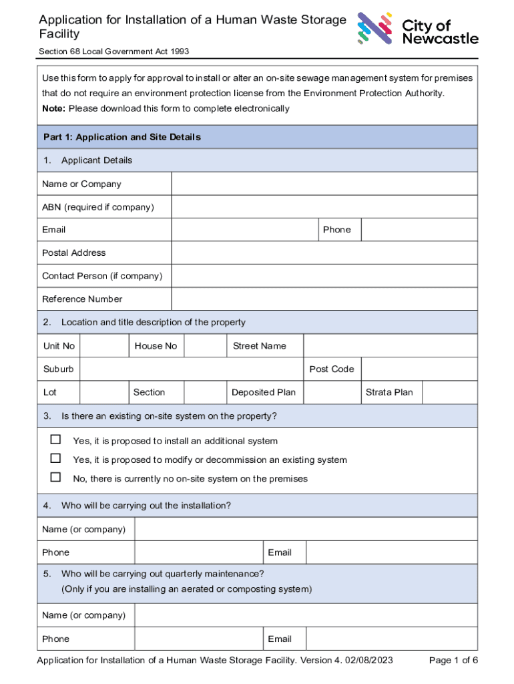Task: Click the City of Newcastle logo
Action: [x=417, y=29]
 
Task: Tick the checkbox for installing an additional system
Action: [x=56, y=440]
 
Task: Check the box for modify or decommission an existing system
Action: [x=56, y=459]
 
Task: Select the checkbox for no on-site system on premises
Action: [x=56, y=478]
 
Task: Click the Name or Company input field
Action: [x=324, y=184]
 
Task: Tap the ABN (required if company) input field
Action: [x=324, y=207]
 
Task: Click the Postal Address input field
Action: [x=324, y=252]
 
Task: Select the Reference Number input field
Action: [x=324, y=299]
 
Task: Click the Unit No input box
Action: [x=104, y=345]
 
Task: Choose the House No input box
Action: [x=204, y=345]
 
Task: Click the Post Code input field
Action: [x=420, y=369]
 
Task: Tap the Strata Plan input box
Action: [x=449, y=392]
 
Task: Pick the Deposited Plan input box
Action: [x=331, y=392]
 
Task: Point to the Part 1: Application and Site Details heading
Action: [x=121, y=137]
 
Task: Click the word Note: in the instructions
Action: [x=54, y=108]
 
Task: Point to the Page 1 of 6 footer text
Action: [x=453, y=661]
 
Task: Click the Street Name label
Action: [x=259, y=346]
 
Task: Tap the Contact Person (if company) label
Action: [x=102, y=276]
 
